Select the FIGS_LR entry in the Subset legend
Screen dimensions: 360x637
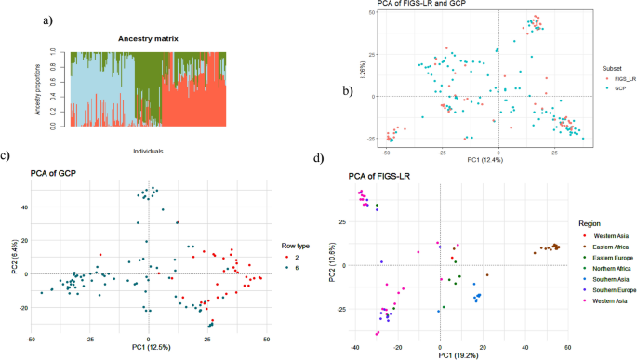tap(617, 80)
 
